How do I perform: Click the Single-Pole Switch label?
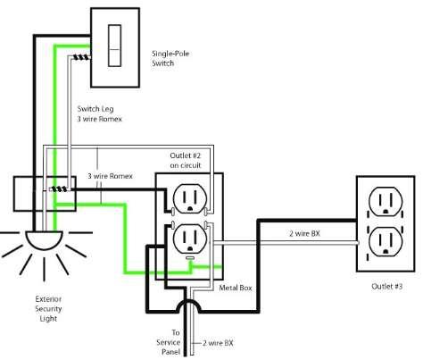click(x=170, y=58)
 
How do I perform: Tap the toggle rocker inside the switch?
click(x=114, y=46)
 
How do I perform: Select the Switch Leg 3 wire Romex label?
click(x=100, y=113)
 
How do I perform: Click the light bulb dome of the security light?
click(x=44, y=240)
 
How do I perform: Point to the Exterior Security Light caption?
click(x=48, y=309)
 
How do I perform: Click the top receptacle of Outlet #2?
click(x=190, y=198)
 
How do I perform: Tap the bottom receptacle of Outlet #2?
click(x=190, y=239)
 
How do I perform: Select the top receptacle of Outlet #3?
click(x=386, y=202)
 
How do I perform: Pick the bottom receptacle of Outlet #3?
click(x=386, y=241)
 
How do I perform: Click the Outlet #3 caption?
click(x=387, y=287)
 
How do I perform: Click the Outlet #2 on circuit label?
click(x=186, y=160)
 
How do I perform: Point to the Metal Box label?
click(x=236, y=288)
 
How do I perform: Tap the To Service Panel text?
click(x=169, y=342)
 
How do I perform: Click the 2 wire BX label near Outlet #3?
click(x=304, y=233)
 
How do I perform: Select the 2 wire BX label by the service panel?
click(x=218, y=343)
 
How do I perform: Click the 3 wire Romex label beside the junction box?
click(x=110, y=176)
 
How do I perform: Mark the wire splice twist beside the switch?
click(x=81, y=57)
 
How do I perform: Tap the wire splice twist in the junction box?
click(x=59, y=189)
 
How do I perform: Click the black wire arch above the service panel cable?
click(x=188, y=306)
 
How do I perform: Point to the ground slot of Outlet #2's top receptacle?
click(x=190, y=208)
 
